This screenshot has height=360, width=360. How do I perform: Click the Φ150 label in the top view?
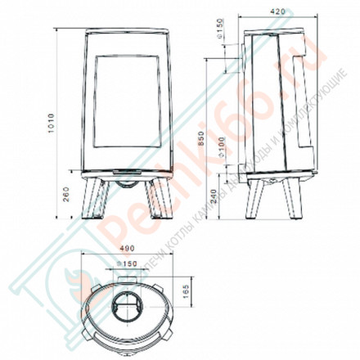(x=125, y=264)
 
